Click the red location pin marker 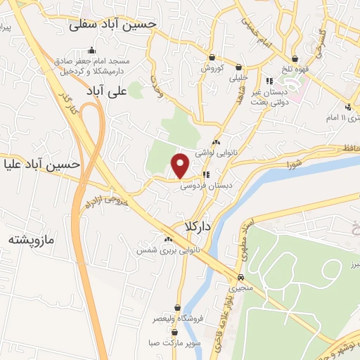181,165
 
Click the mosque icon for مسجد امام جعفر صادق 91,50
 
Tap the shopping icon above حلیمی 241,60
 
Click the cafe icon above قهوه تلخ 295,59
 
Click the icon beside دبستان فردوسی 206,174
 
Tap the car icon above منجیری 241,277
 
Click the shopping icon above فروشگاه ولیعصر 177,308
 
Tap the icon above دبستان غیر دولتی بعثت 269,81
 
